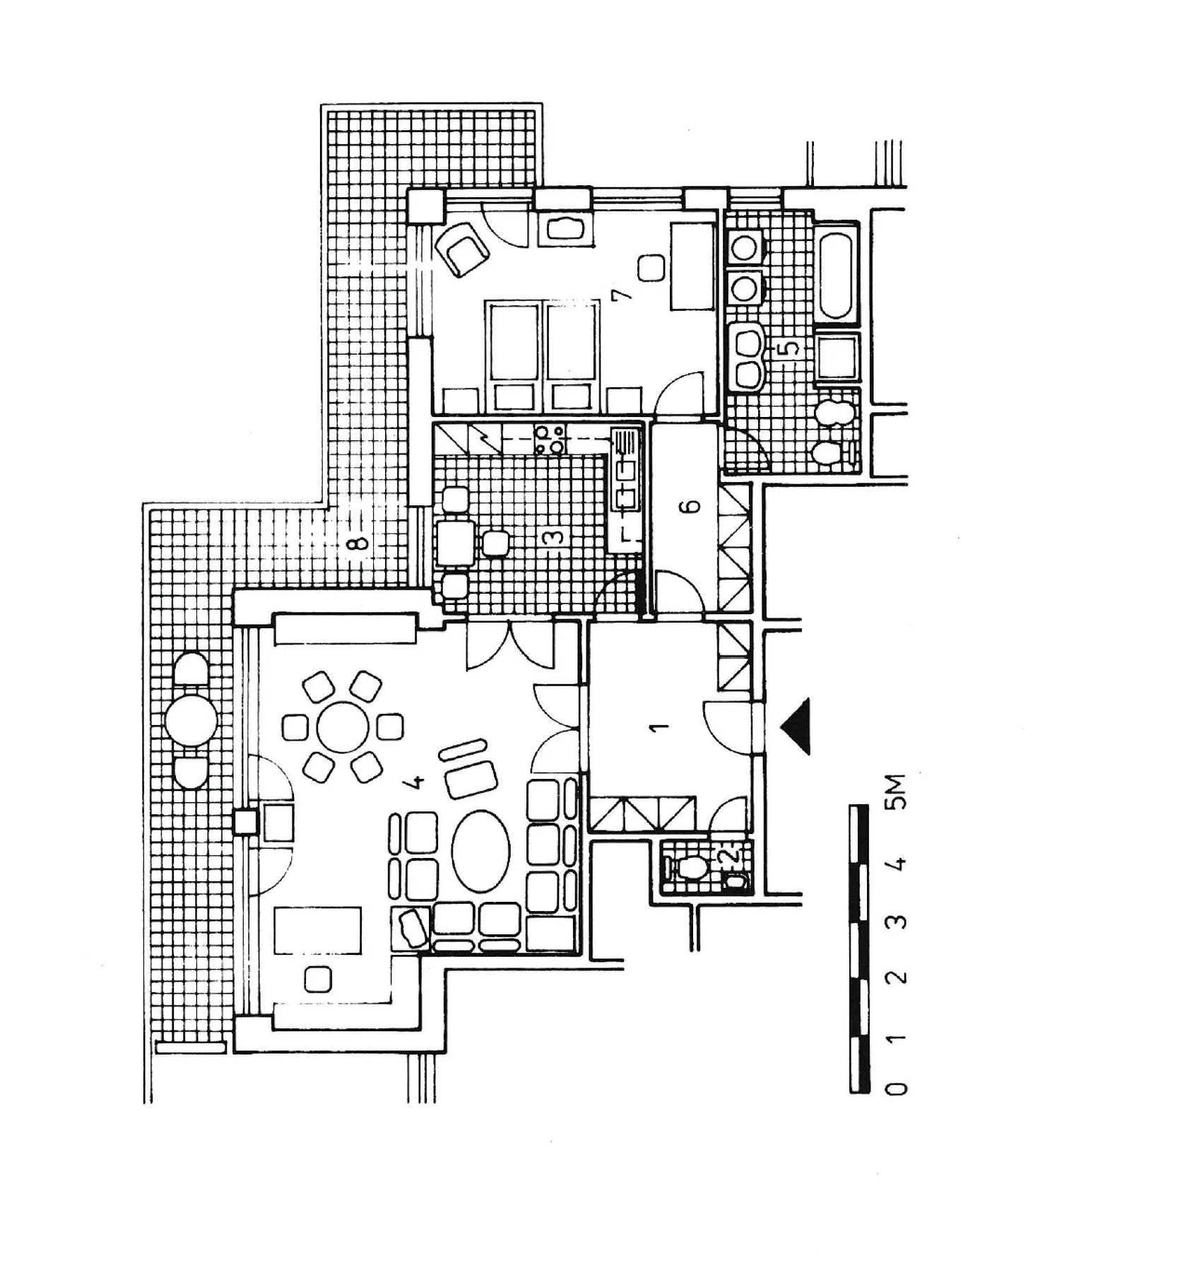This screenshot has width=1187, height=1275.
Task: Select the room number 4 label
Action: [x=417, y=781]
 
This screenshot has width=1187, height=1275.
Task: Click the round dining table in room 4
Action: [x=343, y=727]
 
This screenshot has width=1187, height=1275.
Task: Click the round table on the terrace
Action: [x=191, y=720]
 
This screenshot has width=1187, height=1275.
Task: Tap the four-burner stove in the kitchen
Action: [x=549, y=438]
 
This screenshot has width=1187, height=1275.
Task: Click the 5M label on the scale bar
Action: [x=896, y=792]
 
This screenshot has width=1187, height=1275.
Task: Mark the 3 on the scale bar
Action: [x=896, y=922]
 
